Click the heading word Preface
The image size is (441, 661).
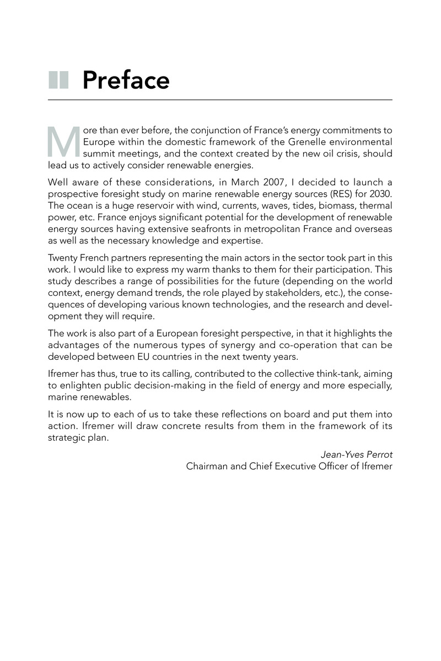tap(126, 80)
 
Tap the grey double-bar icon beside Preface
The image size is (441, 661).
tap(58, 80)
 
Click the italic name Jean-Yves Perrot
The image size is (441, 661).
tap(356, 455)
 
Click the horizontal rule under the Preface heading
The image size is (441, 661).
tap(220, 100)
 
